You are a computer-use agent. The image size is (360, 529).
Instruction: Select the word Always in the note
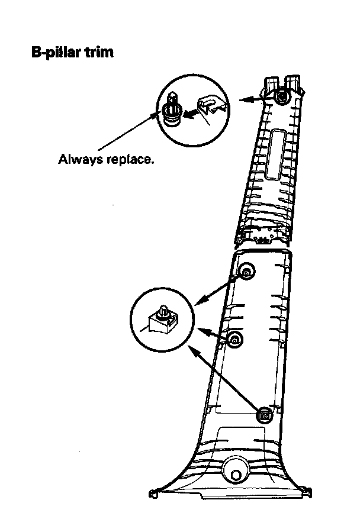[x=78, y=160]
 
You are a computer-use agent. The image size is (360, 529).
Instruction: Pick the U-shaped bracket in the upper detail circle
[x=211, y=104]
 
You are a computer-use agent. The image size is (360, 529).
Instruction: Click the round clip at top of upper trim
[x=281, y=95]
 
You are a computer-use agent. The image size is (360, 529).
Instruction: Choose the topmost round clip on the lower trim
[x=246, y=271]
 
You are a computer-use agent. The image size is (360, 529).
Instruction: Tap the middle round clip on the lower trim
[x=235, y=339]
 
